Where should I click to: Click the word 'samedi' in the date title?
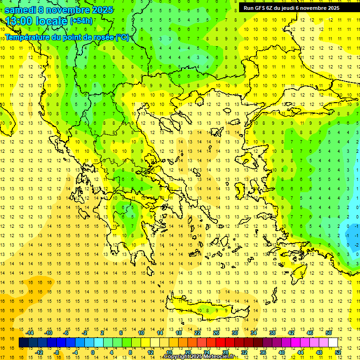coord(20,10)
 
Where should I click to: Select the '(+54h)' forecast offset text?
coord(81,21)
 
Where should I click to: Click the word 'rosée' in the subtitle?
coord(100,37)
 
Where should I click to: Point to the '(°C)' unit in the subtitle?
coord(122,37)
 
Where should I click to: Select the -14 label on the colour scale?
coord(30,333)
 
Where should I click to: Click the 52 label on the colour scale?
coord(338,352)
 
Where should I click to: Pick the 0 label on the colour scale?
coord(93,352)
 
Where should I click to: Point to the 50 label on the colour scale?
coord(329,333)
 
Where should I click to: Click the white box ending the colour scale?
coord(333,343)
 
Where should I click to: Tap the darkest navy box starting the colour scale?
coord(23,343)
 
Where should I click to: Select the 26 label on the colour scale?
coord(216,333)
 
